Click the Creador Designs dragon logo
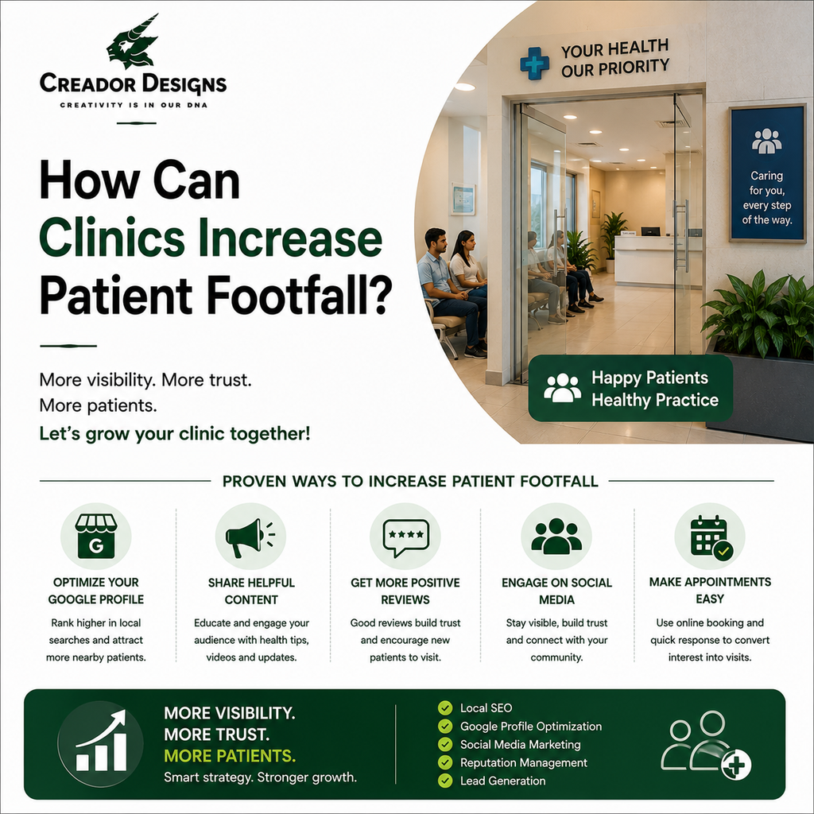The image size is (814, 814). (x=133, y=43)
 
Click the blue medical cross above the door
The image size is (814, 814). (x=535, y=64)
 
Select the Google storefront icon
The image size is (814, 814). (x=96, y=537)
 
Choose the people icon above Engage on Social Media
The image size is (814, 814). (x=556, y=537)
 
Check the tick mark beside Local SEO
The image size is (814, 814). (x=445, y=707)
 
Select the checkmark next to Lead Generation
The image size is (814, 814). (x=445, y=781)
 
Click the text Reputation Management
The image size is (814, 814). (x=523, y=762)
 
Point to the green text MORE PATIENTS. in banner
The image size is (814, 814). (x=230, y=756)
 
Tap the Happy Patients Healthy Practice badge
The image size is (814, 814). (x=630, y=388)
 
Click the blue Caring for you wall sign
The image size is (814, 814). (x=767, y=173)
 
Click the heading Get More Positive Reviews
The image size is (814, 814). (x=405, y=591)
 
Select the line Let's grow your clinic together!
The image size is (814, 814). (x=175, y=433)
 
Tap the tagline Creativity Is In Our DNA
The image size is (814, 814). (x=134, y=105)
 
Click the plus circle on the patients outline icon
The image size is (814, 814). (x=736, y=765)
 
